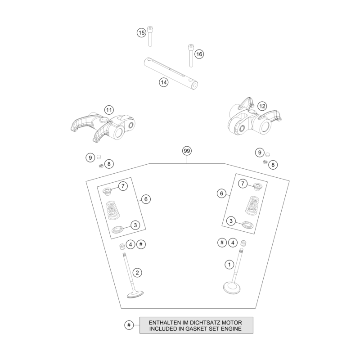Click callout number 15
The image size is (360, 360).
(x=142, y=33)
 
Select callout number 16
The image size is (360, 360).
(x=199, y=54)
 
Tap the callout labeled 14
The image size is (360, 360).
(x=164, y=82)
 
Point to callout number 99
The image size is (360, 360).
(x=187, y=151)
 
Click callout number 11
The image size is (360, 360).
(x=109, y=110)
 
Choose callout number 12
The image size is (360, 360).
(x=262, y=106)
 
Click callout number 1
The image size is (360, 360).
(x=229, y=265)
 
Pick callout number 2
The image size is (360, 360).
(x=137, y=273)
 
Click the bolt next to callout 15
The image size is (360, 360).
(x=150, y=36)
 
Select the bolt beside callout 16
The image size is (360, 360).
(x=191, y=55)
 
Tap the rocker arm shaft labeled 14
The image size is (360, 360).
(x=171, y=73)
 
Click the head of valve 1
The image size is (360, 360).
(x=232, y=288)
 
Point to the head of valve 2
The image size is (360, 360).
(x=135, y=294)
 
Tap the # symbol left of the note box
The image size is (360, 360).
(x=129, y=325)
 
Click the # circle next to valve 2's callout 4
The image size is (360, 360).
(x=141, y=244)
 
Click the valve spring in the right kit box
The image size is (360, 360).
(x=252, y=206)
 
